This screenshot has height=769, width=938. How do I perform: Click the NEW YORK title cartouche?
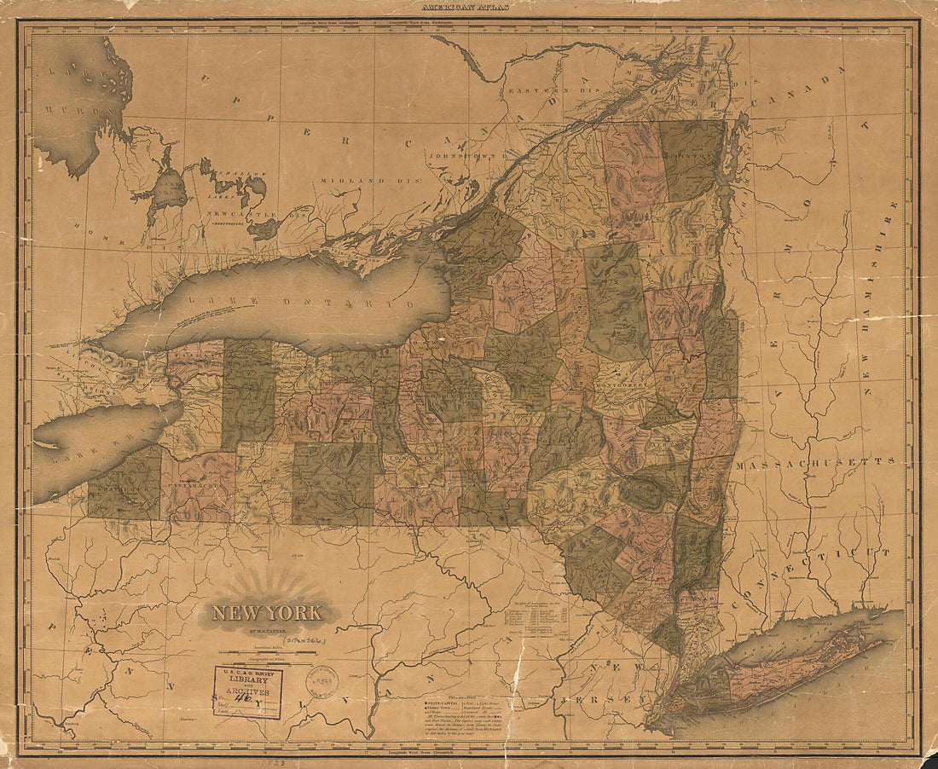267,612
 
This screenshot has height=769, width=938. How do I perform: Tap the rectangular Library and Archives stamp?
247,691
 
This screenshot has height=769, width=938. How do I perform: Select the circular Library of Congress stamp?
322,681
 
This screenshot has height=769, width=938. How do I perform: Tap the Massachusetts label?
816,461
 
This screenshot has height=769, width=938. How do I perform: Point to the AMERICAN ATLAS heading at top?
469,7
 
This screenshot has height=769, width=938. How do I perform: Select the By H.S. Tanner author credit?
266,631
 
